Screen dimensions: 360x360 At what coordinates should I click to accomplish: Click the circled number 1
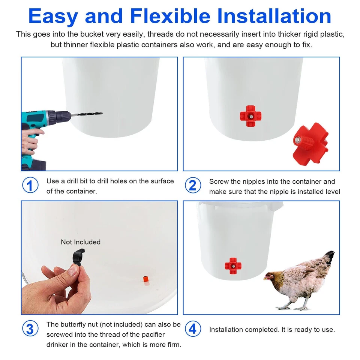tap(30, 185)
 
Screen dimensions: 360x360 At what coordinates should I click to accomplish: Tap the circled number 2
tap(192, 185)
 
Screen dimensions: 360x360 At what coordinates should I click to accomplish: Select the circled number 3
tap(30, 328)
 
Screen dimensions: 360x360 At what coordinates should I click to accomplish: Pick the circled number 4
tap(192, 329)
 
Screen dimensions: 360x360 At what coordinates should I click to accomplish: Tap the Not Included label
tap(81, 242)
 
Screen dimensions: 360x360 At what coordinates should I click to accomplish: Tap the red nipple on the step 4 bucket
tap(233, 265)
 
